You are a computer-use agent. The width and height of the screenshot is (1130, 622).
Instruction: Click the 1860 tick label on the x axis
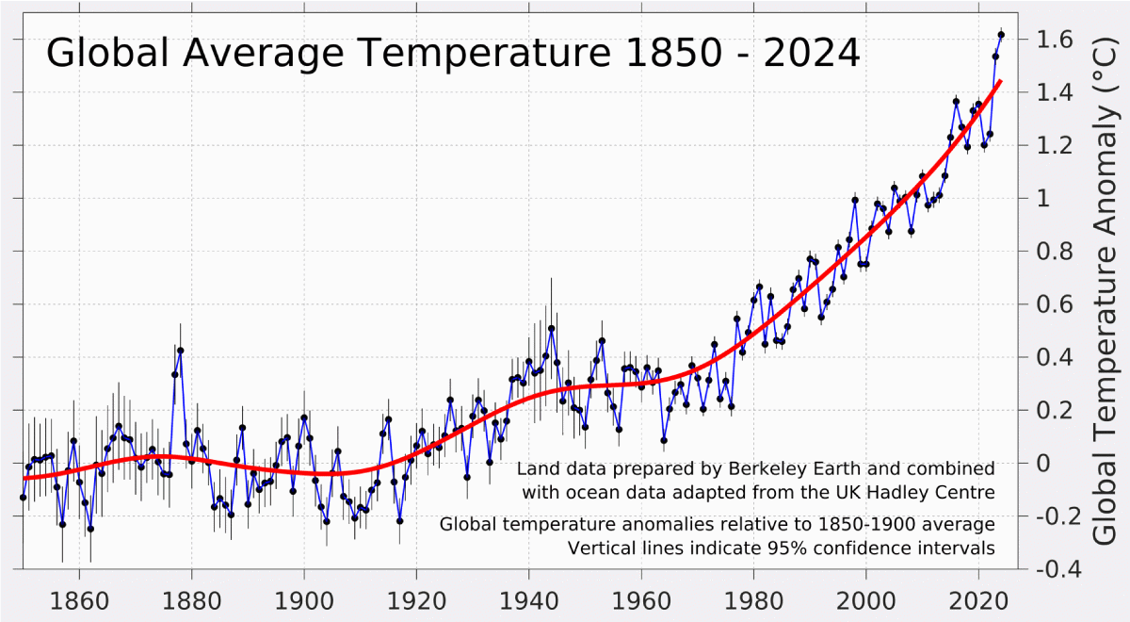[x=79, y=598]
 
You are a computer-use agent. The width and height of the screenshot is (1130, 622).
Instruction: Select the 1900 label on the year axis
[x=304, y=598]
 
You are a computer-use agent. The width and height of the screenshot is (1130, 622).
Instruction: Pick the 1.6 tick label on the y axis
[x=1053, y=40]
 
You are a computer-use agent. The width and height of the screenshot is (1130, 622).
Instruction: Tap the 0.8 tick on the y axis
[x=1053, y=252]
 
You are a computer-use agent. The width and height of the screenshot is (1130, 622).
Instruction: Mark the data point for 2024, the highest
[x=1001, y=35]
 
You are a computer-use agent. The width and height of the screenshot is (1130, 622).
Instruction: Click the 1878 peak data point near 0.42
[x=180, y=351]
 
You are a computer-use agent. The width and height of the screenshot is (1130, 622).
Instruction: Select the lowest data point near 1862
[x=90, y=529]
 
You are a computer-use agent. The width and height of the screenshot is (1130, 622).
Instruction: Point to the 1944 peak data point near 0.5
[x=552, y=329]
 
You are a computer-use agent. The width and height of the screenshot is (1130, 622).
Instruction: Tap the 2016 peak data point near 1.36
[x=956, y=101]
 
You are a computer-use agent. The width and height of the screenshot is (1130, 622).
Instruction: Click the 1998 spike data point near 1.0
[x=855, y=200]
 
